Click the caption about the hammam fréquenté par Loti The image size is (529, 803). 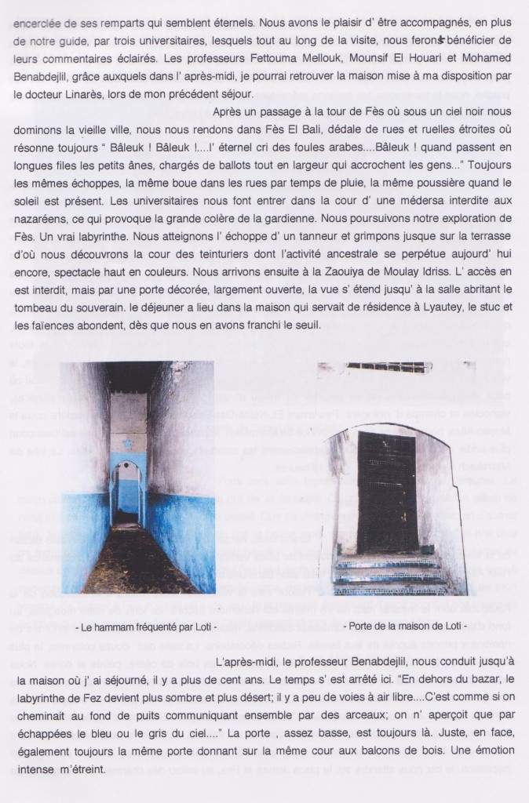pos(134,627)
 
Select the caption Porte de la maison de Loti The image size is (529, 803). pos(399,627)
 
